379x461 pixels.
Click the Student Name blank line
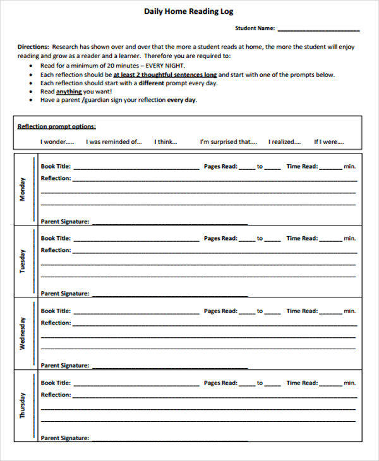(x=318, y=28)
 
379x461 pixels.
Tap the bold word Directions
(x=33, y=47)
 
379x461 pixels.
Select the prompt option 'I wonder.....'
(x=57, y=142)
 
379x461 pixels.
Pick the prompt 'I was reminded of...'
(x=114, y=142)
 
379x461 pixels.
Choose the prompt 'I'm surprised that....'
(x=228, y=142)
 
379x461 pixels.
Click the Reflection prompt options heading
(x=56, y=126)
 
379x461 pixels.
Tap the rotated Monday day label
(x=23, y=188)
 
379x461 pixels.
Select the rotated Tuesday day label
(x=23, y=261)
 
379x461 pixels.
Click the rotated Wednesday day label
(x=23, y=333)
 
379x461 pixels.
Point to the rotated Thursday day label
(x=23, y=405)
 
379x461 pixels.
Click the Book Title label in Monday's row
(x=56, y=167)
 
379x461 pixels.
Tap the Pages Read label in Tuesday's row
(x=220, y=239)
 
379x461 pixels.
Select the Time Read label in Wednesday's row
(x=302, y=311)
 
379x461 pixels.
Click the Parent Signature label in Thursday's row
(x=65, y=438)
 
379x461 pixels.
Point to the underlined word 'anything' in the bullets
(x=69, y=92)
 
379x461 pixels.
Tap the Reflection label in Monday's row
(x=56, y=179)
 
